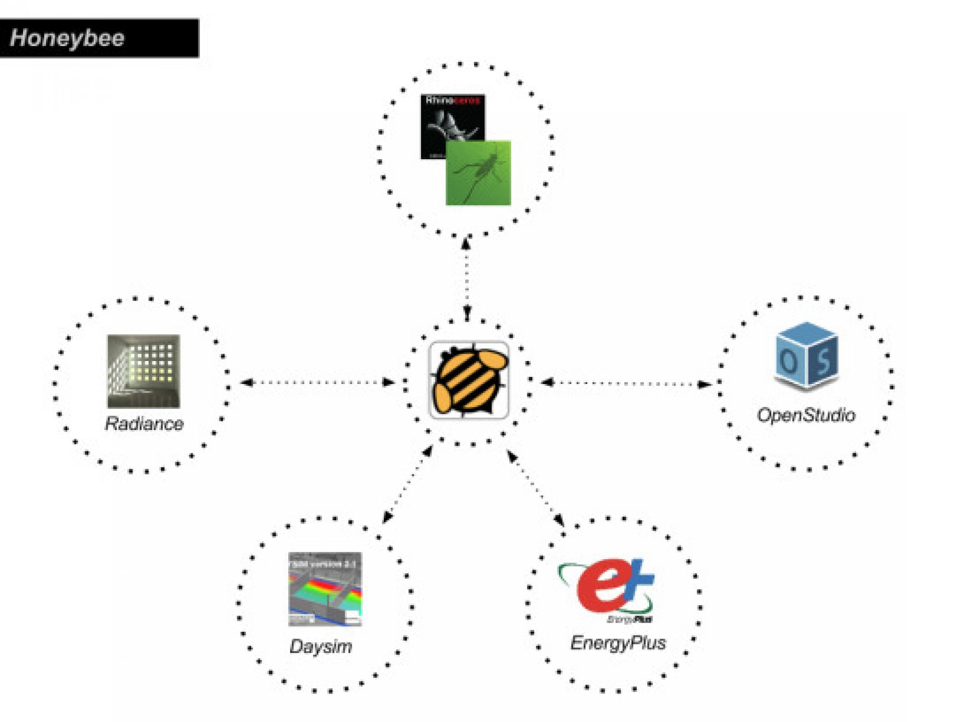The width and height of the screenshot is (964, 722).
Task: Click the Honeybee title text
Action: [67, 38]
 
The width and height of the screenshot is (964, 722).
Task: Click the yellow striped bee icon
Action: [469, 380]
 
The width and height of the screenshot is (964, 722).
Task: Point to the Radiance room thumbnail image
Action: [143, 371]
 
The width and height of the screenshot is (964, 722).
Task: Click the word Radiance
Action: [144, 424]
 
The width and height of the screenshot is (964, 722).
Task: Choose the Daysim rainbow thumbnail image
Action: [325, 589]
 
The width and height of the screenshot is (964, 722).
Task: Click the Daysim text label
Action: [321, 646]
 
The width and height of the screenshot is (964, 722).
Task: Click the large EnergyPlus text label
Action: [618, 643]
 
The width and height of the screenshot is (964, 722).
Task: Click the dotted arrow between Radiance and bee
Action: [318, 383]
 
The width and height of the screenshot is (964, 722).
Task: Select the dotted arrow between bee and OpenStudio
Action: [626, 384]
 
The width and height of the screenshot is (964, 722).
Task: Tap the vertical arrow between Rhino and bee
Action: [466, 280]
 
